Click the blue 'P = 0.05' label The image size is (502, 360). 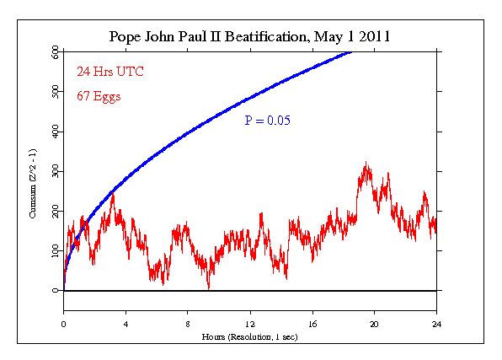click(268, 121)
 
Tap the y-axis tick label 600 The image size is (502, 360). click(54, 52)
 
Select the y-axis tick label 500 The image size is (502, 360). click(54, 92)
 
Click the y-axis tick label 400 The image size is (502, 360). click(54, 132)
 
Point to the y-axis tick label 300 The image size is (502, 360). click(54, 171)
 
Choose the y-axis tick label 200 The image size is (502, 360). click(54, 211)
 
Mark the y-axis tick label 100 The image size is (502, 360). click(54, 250)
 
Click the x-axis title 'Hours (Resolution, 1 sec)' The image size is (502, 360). click(249, 336)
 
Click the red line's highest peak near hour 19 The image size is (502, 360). click(365, 163)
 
